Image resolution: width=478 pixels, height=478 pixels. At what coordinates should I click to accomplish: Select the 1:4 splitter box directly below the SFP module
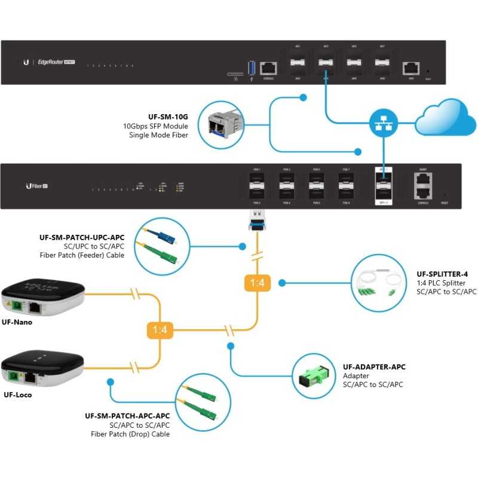(x=257, y=283)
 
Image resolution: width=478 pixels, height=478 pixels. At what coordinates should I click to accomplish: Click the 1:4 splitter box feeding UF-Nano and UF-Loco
(x=160, y=329)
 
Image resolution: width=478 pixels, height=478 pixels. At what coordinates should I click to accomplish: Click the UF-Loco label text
(x=17, y=394)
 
